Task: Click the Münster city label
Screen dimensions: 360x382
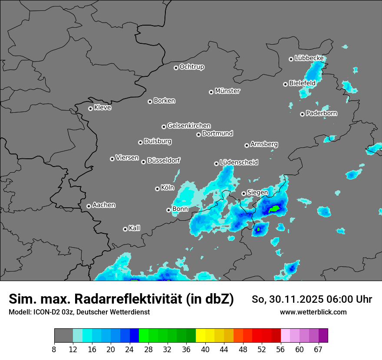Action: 227,91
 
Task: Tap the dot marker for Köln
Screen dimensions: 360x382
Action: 157,189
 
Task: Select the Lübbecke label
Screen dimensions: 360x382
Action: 309,58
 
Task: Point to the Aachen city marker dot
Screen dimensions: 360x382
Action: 89,206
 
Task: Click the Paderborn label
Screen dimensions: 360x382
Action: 322,114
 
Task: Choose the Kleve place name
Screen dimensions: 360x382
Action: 103,108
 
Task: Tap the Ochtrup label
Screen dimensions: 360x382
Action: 192,67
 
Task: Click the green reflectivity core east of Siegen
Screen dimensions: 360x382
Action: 274,209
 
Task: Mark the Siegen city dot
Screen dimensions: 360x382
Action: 244,193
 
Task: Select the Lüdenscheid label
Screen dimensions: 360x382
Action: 239,163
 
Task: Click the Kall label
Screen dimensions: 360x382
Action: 135,228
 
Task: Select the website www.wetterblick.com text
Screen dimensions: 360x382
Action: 313,312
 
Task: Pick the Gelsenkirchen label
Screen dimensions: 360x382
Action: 189,126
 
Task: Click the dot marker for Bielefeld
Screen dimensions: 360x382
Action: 286,84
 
